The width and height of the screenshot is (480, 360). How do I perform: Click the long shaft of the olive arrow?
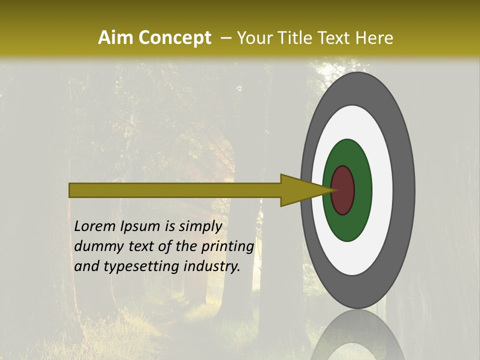pyautogui.click(x=175, y=190)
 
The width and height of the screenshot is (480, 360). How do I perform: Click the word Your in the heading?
pyautogui.click(x=252, y=38)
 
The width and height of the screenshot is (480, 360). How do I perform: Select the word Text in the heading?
pyautogui.click(x=332, y=38)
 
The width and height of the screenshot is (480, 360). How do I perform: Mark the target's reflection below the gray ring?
pyautogui.click(x=358, y=335)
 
